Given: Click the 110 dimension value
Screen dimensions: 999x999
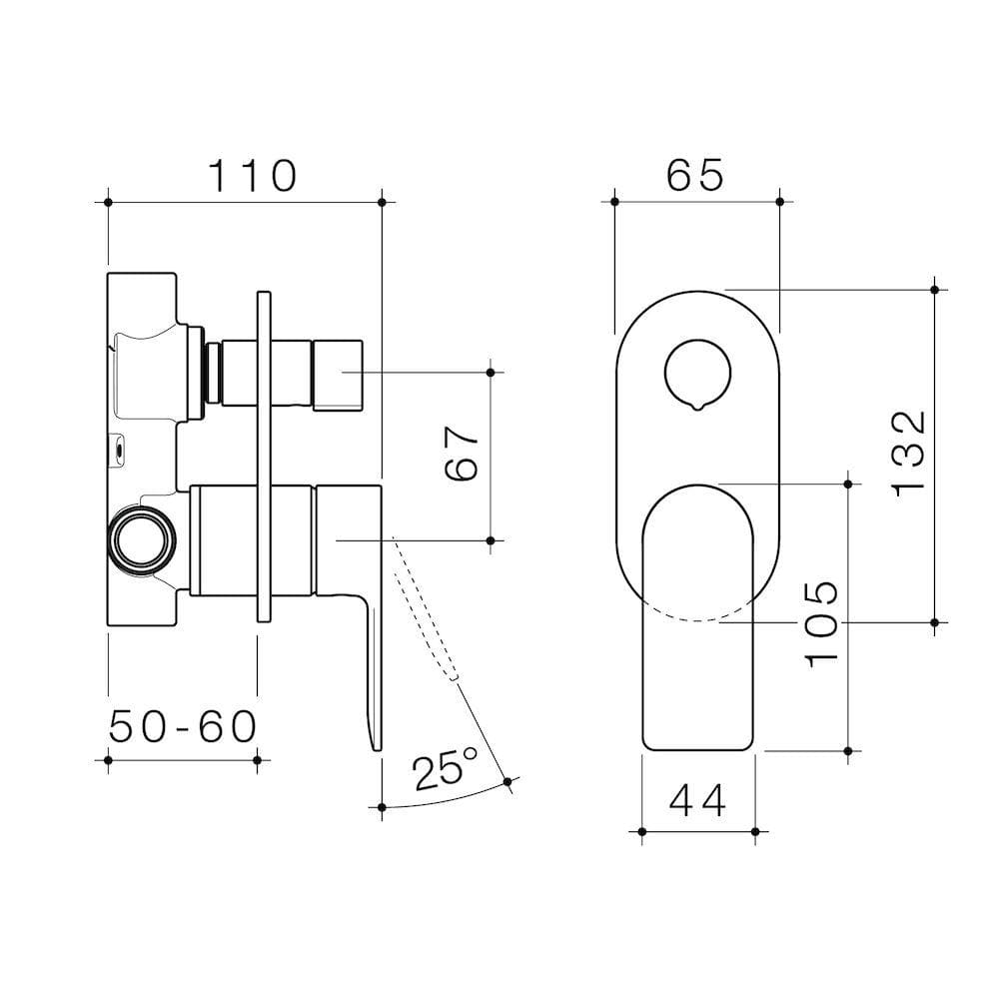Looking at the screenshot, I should point(252,176).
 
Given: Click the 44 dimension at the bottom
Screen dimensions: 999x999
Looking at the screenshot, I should point(697,799).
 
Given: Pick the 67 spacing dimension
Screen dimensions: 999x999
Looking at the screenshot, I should point(462,456).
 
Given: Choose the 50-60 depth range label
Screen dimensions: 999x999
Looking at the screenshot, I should point(183,727).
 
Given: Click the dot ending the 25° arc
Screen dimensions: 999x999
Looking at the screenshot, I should point(508,781).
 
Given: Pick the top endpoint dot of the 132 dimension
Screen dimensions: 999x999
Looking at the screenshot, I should point(934,290).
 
